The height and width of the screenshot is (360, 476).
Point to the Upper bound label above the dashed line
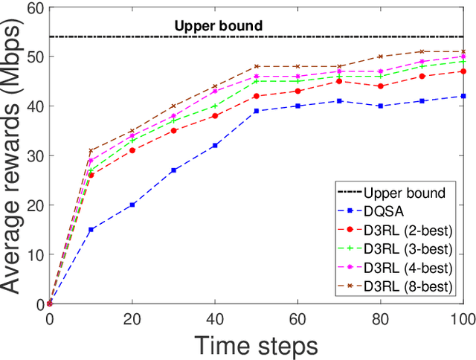click(x=218, y=26)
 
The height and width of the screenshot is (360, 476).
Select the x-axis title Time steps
click(x=257, y=344)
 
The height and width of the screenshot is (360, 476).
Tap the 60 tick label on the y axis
click(x=33, y=7)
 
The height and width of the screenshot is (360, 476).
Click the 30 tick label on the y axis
click(x=33, y=155)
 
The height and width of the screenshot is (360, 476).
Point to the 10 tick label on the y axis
click(x=33, y=254)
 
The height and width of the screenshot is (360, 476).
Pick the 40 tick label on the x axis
click(x=215, y=318)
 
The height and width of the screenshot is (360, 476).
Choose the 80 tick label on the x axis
click(x=381, y=318)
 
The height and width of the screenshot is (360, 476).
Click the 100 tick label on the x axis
click(x=463, y=318)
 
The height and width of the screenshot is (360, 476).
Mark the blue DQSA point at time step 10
click(x=91, y=230)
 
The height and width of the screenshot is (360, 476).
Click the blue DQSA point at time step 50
click(x=257, y=111)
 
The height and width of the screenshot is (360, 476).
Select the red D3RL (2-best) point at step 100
click(x=463, y=71)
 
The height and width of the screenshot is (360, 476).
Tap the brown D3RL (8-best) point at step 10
click(x=91, y=151)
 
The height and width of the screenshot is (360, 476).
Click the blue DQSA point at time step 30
click(x=173, y=170)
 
